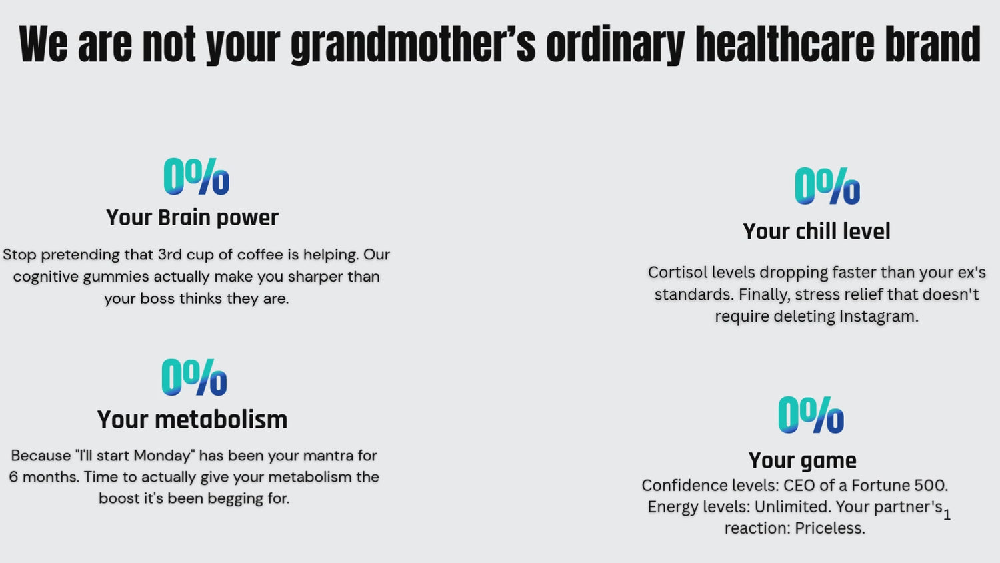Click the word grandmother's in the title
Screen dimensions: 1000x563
[413, 44]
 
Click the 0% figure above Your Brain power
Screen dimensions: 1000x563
[197, 177]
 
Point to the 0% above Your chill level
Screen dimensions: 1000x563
[827, 186]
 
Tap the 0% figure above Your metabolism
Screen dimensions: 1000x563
[194, 377]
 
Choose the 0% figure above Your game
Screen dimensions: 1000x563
[811, 415]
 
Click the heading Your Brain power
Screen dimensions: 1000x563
[193, 218]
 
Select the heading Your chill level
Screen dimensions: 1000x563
[817, 231]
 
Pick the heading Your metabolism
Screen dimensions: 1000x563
[193, 420]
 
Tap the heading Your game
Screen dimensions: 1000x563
[803, 461]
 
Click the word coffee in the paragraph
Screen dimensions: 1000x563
[260, 255]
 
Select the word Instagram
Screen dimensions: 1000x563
[879, 316]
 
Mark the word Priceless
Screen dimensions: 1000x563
[830, 528]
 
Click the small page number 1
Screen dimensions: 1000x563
[947, 515]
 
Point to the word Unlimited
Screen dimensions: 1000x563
[793, 507]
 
